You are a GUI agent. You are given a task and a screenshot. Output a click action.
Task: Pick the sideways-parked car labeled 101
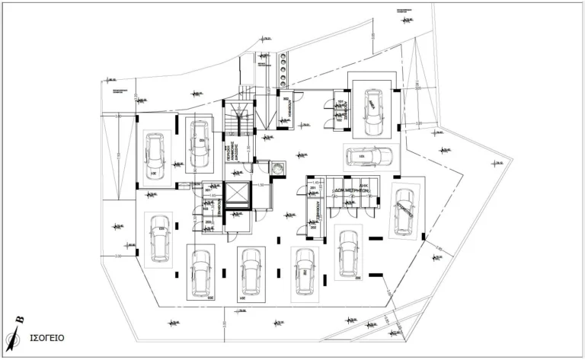(x=368, y=158)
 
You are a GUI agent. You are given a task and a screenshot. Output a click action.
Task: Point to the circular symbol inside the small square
(x=278, y=167)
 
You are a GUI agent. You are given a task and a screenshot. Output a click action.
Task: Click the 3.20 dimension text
(x=418, y=123)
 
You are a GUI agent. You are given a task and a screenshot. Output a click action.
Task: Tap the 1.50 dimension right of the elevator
(x=260, y=185)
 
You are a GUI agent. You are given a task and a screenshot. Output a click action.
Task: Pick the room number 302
(x=286, y=100)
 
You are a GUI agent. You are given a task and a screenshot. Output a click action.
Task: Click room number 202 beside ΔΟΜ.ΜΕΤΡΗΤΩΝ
(x=313, y=228)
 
